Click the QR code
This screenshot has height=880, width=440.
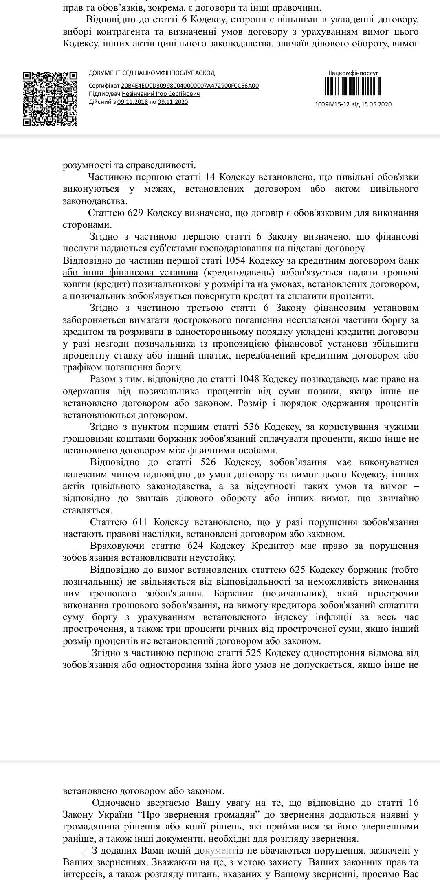coord(50,99)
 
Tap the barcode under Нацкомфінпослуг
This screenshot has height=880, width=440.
coord(353,86)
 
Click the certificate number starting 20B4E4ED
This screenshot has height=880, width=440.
coord(190,86)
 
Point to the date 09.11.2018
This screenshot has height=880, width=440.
coord(132,102)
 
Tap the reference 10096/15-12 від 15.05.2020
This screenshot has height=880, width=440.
coord(353,104)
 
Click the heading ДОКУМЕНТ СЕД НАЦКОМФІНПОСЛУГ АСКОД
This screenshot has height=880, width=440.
coord(152,73)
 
